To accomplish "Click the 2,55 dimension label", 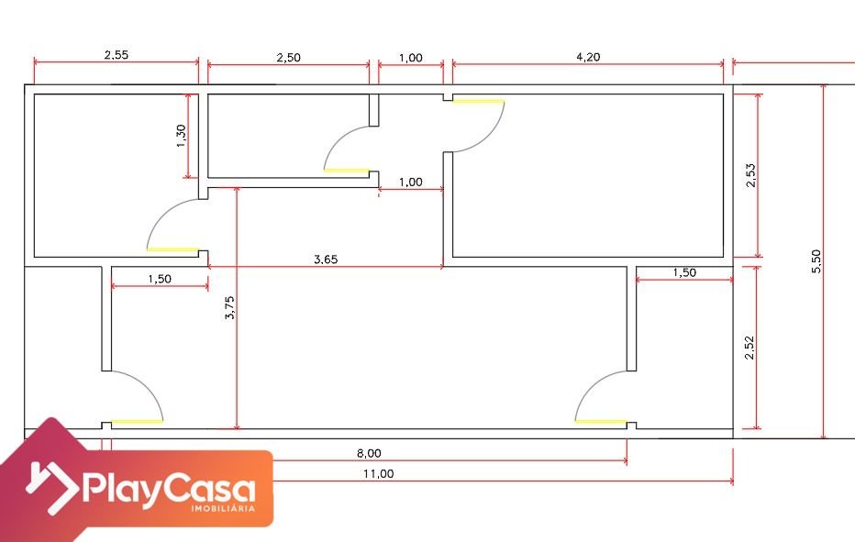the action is [117, 54].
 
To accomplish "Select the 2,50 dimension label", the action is [288, 57].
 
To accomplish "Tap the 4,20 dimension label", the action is [588, 57].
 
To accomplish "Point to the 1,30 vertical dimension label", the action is [181, 136].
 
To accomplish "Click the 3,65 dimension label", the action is [326, 259].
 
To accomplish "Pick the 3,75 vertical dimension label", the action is [229, 307].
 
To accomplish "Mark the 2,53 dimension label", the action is [750, 175].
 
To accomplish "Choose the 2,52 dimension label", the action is [750, 348].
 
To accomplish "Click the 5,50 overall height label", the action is [816, 261].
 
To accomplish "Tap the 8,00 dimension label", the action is [369, 453].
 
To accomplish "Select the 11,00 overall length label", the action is [379, 474].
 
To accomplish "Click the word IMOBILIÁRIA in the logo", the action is [223, 508].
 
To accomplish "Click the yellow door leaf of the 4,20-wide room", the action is [478, 101].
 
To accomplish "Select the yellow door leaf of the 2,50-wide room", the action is [346, 171].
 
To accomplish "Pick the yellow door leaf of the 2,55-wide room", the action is [172, 249].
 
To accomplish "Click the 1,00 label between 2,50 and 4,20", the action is [411, 58].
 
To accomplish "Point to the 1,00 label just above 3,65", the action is [411, 183].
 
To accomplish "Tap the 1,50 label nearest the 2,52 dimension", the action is [684, 272].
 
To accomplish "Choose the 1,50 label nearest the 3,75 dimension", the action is [160, 279].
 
